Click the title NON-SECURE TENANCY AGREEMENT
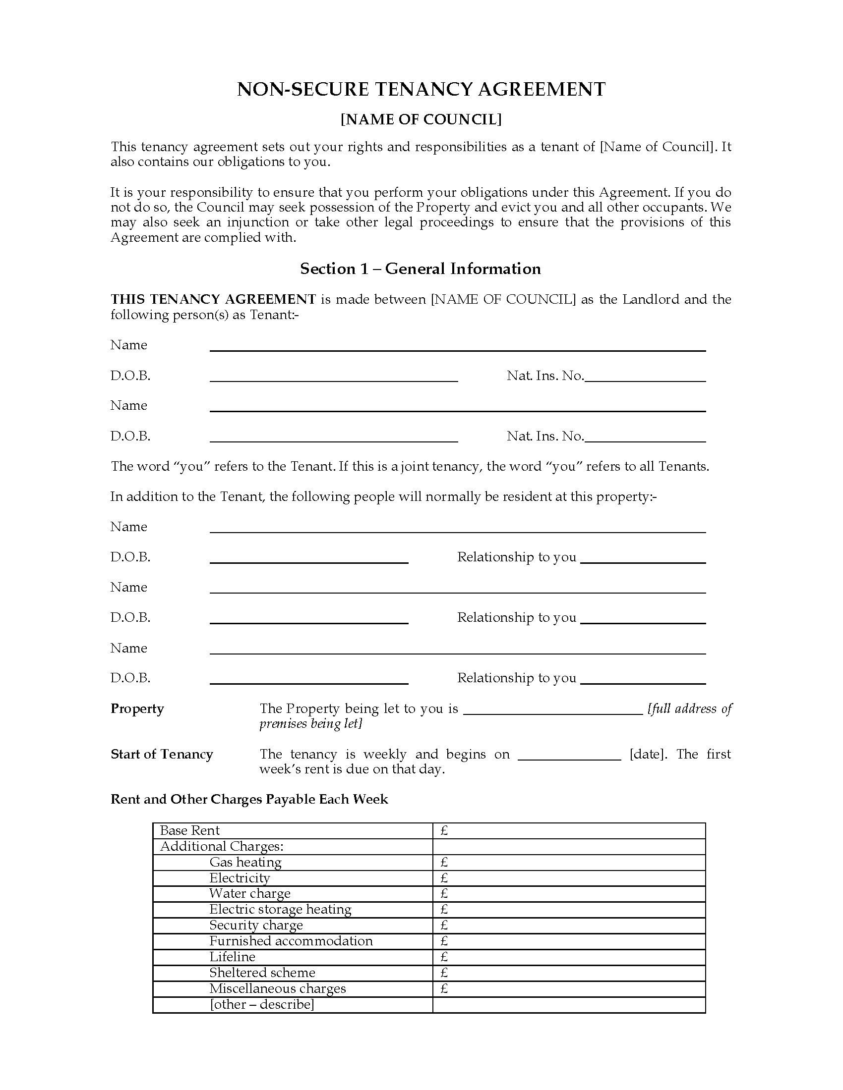pos(421,89)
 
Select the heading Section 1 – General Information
pos(420,269)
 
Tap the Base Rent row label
pos(190,830)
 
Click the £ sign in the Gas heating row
pos(444,863)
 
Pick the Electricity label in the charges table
pos(239,878)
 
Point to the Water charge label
pos(250,894)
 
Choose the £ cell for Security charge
pos(444,926)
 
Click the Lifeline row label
pos(232,957)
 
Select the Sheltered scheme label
pos(262,973)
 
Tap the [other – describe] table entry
pos(262,1004)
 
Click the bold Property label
pos(137,708)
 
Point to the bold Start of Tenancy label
pos(162,754)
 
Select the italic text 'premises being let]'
pos(310,724)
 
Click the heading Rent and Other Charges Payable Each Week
pos(249,800)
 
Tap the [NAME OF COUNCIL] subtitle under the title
pos(421,120)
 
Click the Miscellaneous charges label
pos(277,988)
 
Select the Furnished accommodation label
pos(291,941)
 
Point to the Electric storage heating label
pos(280,909)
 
